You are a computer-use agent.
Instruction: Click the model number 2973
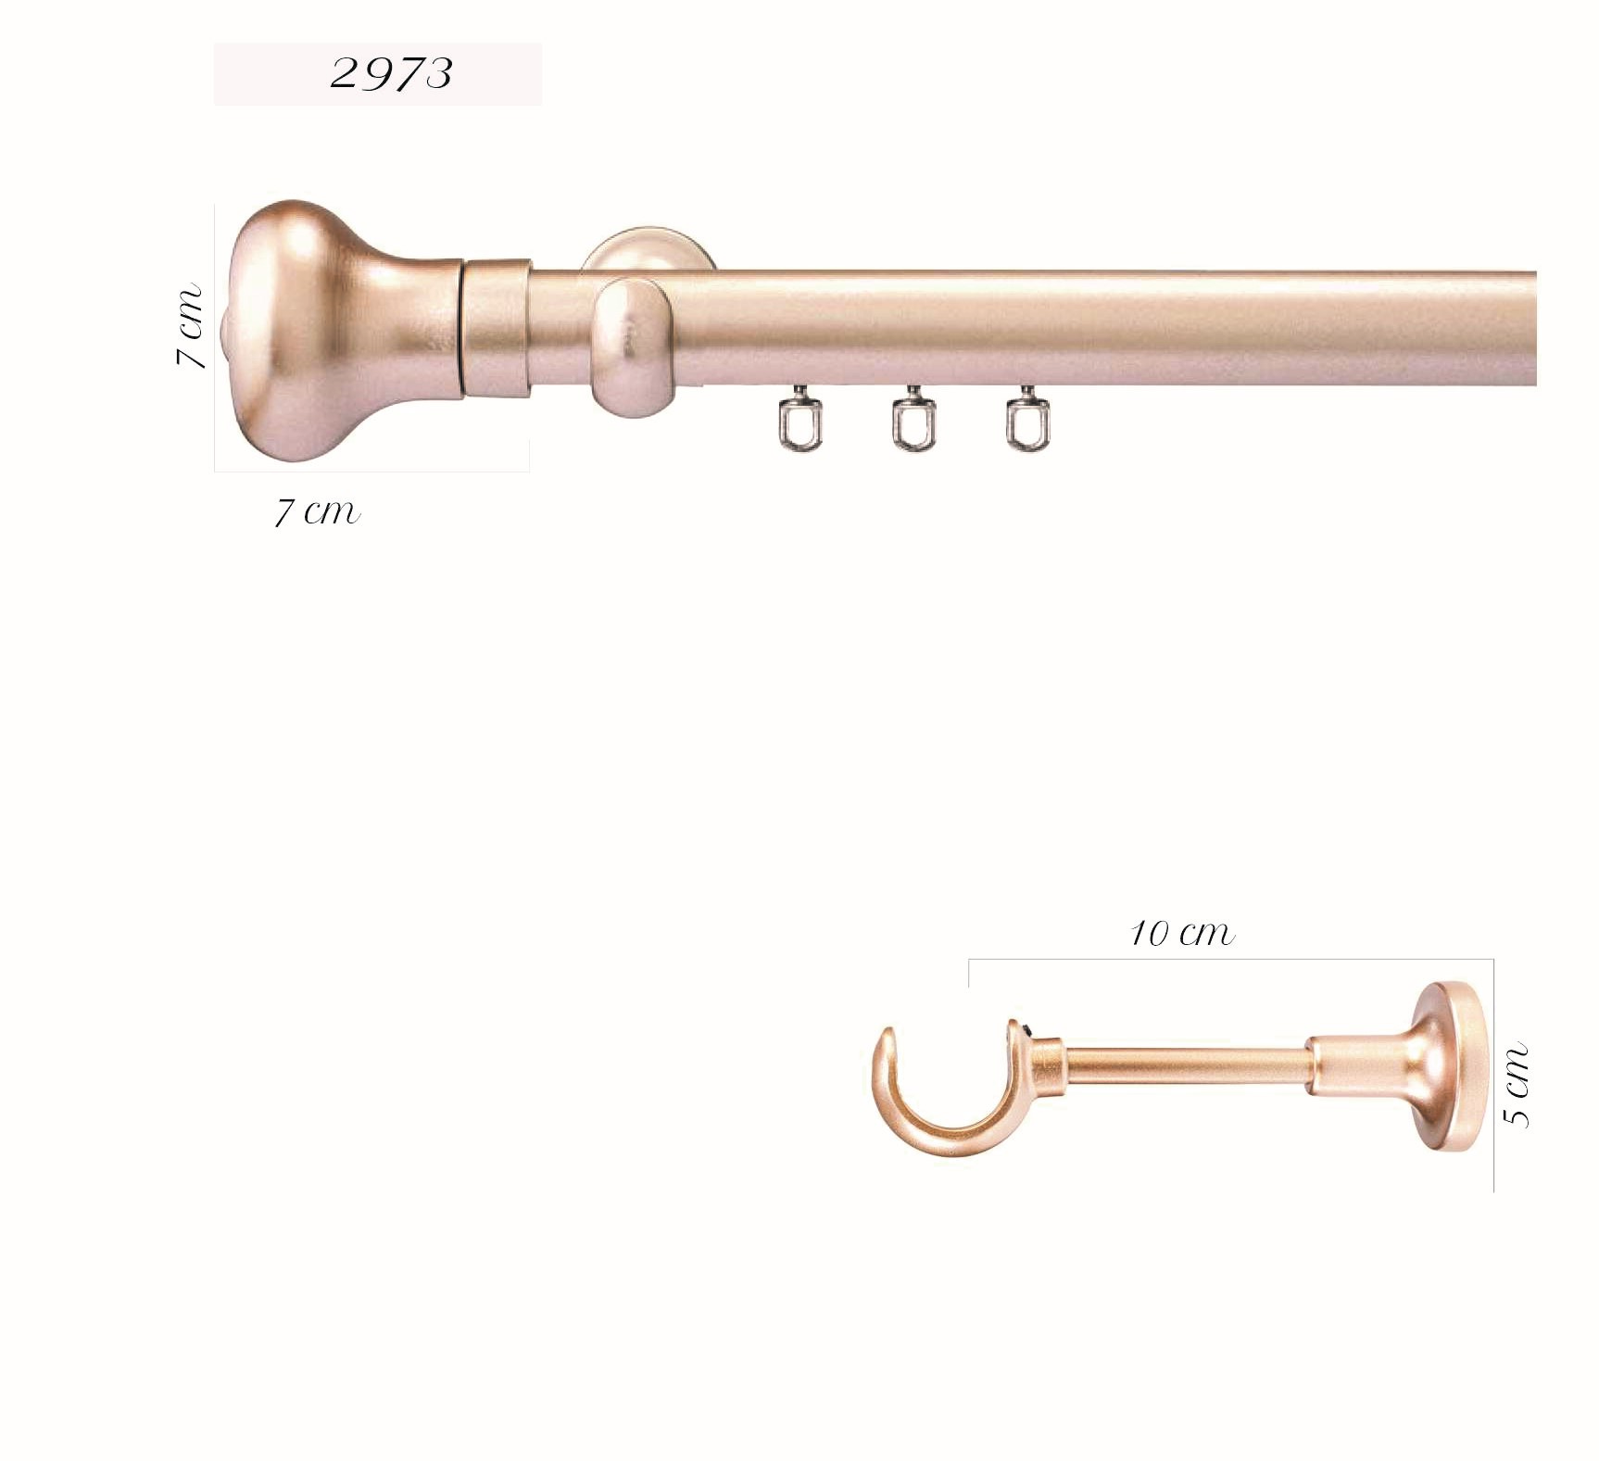pos(391,73)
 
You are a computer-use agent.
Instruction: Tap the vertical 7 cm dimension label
pos(189,325)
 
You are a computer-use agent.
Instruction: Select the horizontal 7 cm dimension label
pos(318,511)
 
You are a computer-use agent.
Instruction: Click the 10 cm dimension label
pos(1182,933)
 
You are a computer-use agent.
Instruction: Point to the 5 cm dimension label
pos(1516,1085)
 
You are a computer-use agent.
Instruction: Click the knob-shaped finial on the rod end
pos(344,330)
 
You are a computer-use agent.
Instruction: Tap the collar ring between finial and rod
pos(497,329)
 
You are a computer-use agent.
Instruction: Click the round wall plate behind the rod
pos(648,250)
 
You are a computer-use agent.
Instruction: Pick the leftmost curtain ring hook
pos(799,422)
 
